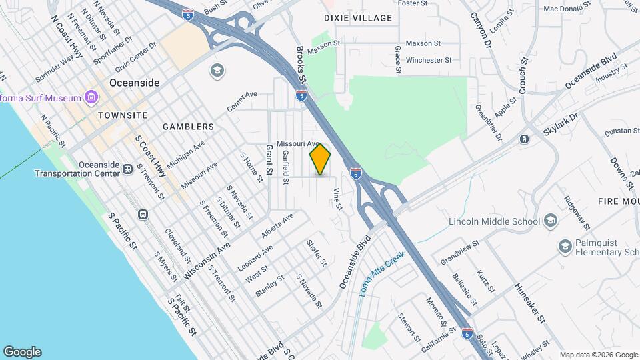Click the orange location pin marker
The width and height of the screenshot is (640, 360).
coord(321,159)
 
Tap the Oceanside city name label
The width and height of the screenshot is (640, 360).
coord(135,83)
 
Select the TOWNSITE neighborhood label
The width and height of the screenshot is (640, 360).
coord(122,115)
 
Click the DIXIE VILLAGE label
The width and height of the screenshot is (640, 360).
coord(358,18)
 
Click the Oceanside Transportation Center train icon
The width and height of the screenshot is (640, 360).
coord(127,170)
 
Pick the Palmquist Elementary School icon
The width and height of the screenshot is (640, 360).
coord(565,247)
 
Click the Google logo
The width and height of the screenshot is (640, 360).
coord(22,352)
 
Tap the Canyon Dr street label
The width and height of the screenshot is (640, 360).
coord(480,31)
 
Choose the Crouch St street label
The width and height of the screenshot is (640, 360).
coord(523,75)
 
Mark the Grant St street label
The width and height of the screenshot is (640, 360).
coord(270,160)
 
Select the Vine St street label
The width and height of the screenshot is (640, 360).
coord(337,199)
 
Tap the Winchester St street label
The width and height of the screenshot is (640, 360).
coord(429,60)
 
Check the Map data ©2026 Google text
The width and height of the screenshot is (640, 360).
coord(598,355)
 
